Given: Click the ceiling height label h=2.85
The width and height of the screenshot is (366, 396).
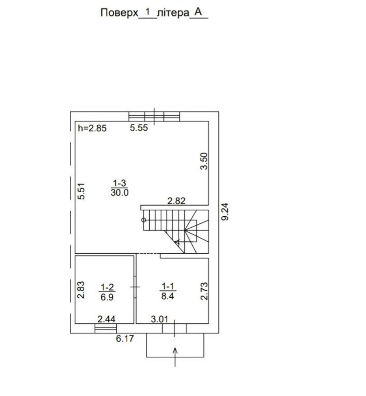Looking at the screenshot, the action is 92,128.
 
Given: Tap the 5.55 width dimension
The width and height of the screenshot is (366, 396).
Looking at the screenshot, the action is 139,128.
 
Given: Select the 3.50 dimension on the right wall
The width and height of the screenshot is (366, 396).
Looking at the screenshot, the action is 204,161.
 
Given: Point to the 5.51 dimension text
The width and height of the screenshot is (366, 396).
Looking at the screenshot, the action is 81,191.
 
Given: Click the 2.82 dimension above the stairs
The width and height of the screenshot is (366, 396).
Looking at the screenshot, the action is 176,201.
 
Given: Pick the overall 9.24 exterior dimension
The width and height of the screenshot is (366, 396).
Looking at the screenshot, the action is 225,212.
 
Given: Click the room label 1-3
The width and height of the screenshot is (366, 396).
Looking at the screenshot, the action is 119,183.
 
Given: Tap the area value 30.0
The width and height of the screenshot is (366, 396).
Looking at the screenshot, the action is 120,193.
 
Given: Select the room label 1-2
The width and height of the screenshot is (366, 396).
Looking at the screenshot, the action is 107,287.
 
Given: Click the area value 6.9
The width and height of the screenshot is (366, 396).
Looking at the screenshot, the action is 107,297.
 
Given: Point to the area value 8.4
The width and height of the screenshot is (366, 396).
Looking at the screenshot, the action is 167,296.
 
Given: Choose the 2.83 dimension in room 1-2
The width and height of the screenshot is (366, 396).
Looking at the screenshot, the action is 81,290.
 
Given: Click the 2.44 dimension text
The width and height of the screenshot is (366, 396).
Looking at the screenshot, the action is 106,319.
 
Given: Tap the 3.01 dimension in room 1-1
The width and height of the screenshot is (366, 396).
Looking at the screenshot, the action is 160,319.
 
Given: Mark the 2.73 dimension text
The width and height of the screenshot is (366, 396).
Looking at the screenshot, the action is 204,291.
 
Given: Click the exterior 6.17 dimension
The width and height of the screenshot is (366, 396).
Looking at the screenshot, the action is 125,339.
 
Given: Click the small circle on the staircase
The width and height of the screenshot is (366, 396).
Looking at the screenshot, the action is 144,220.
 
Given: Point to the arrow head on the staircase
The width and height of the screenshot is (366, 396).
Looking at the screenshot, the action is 176,243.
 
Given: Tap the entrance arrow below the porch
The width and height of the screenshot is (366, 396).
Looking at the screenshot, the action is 175,357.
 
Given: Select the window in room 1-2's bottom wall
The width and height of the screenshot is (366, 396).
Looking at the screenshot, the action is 106,329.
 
